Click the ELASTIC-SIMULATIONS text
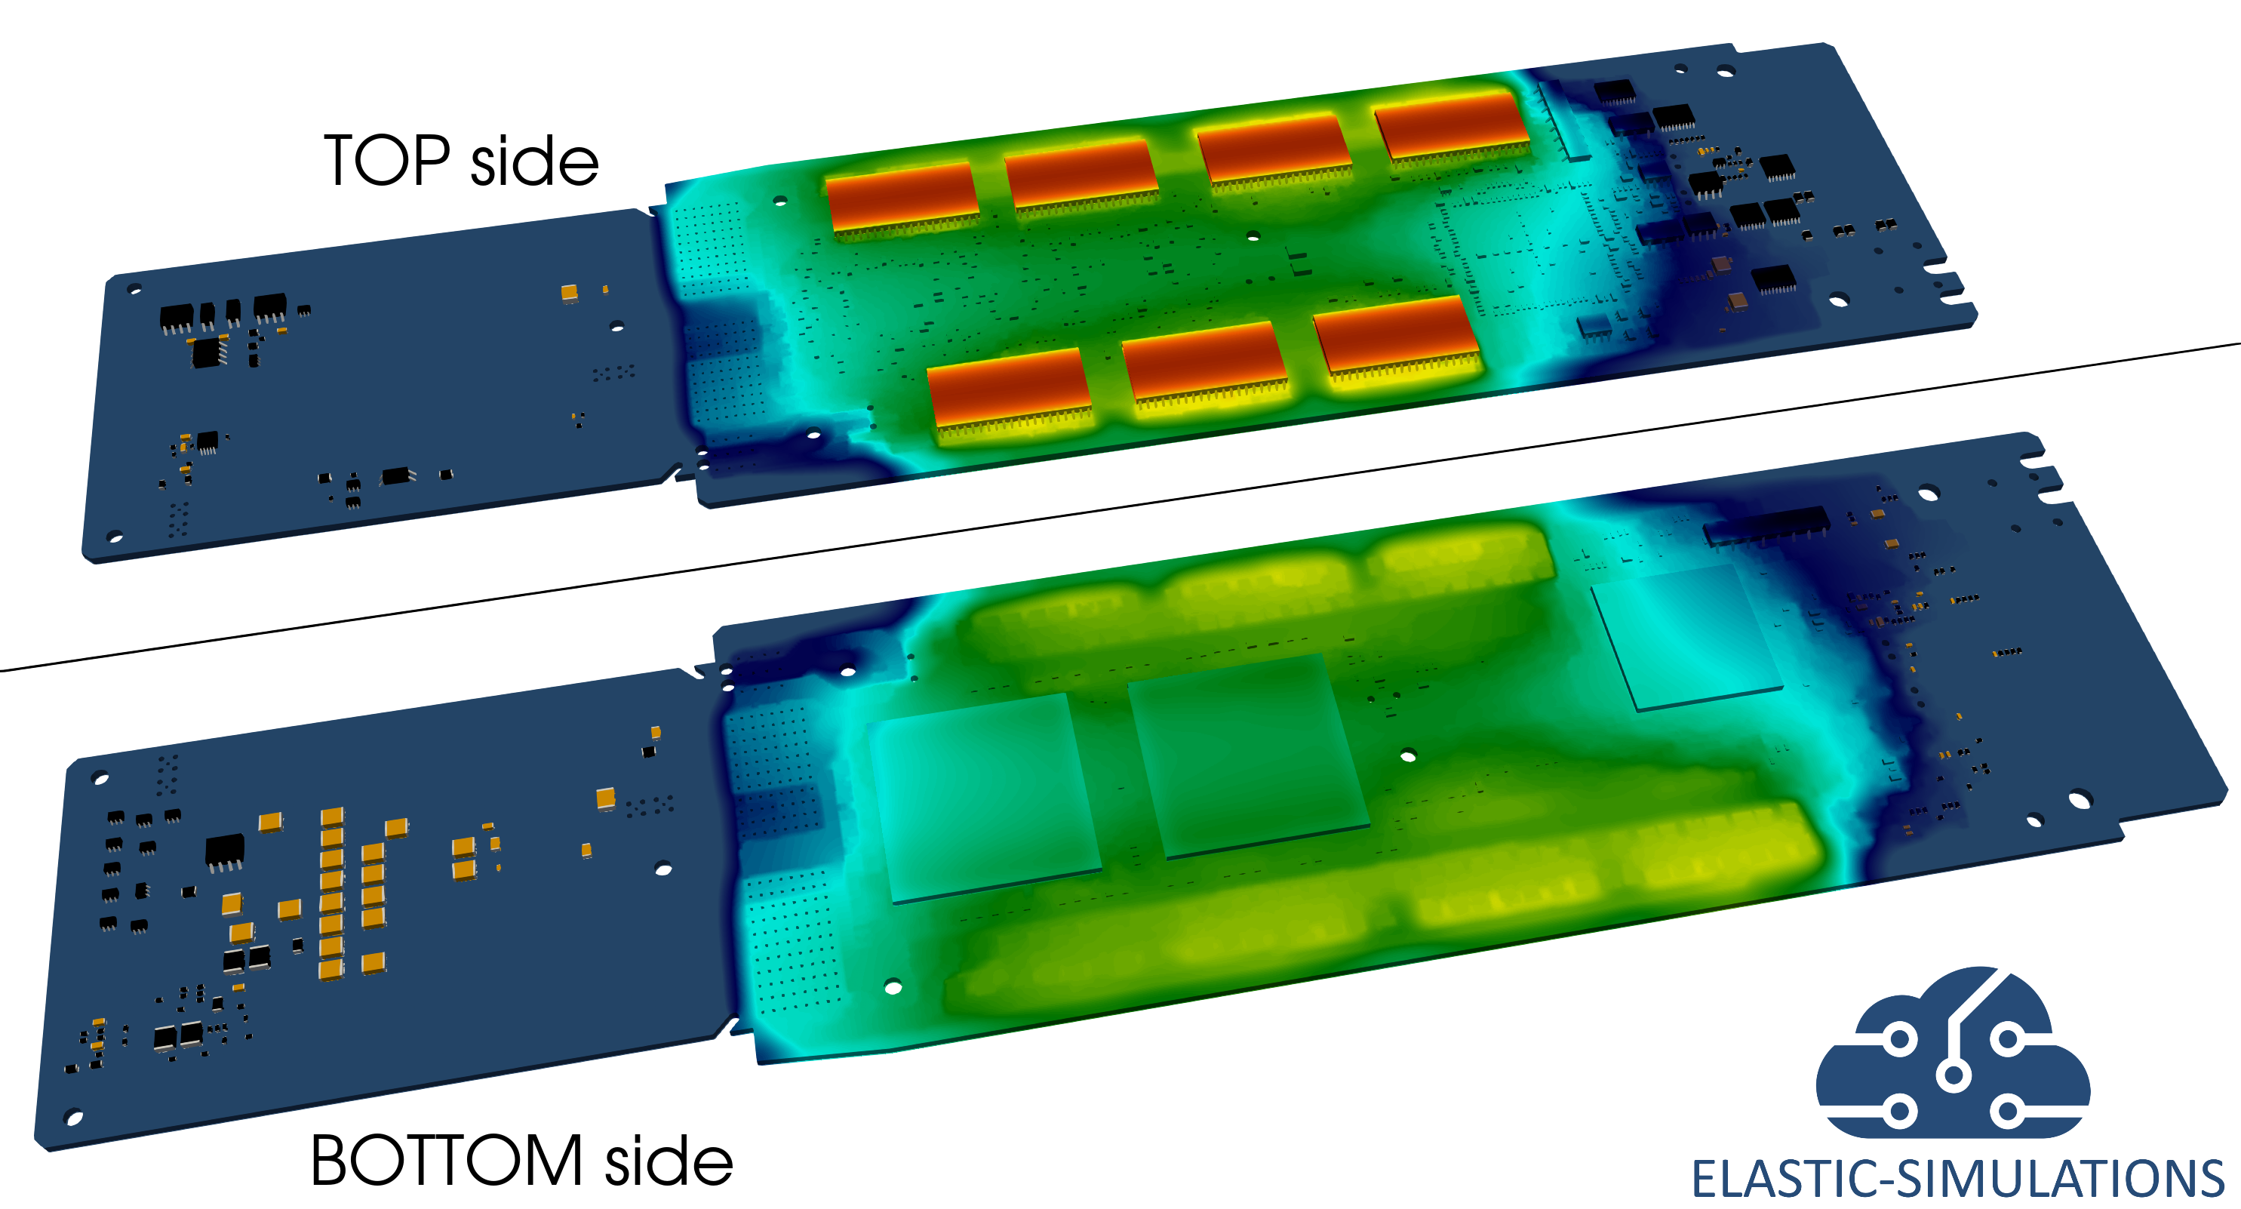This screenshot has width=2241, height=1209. [1957, 1179]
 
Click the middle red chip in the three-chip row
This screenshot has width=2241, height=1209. [1204, 363]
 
